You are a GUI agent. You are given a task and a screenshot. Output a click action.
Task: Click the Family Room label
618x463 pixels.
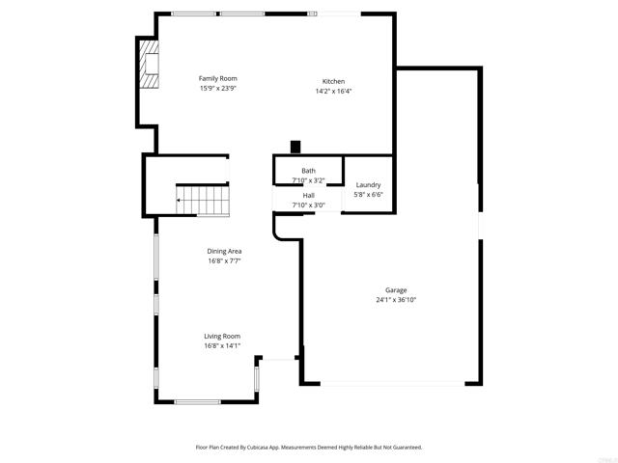(217, 78)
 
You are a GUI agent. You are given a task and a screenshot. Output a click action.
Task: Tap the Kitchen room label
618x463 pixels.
(333, 81)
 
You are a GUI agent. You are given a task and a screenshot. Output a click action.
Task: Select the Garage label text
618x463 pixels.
(396, 290)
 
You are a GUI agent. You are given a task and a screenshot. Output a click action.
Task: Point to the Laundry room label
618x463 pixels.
(368, 184)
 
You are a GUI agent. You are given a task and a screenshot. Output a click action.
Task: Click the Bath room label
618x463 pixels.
(308, 171)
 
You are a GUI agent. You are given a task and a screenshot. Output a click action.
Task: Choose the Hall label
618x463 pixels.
(308, 196)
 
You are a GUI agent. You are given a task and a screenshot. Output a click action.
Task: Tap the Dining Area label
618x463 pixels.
(223, 252)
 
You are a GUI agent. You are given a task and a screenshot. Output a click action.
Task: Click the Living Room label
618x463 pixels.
(221, 336)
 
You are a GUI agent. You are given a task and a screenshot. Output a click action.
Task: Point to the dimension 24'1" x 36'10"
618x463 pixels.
(396, 300)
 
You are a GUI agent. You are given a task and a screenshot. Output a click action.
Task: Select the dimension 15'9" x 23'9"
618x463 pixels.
(217, 88)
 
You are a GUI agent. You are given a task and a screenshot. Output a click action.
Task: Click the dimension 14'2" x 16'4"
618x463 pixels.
(333, 91)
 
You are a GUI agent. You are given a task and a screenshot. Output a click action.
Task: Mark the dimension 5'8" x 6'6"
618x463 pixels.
(368, 194)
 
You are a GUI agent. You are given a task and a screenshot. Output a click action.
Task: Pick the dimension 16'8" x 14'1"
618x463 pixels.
(221, 345)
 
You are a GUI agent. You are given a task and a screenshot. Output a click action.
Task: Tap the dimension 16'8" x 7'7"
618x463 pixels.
(223, 261)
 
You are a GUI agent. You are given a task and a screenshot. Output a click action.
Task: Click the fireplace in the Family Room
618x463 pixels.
(148, 65)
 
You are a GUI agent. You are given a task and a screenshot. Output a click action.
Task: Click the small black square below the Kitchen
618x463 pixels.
(295, 147)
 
